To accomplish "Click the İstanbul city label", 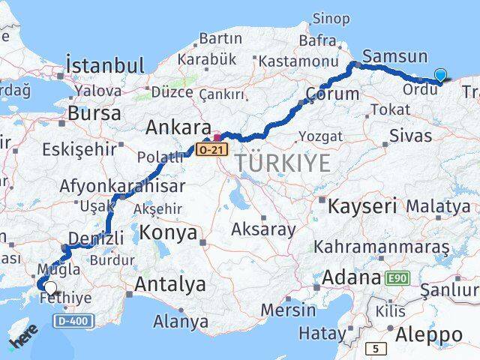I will click(x=104, y=65).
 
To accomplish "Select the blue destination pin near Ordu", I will click(x=439, y=75).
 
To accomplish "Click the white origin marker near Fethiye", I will click(x=50, y=287).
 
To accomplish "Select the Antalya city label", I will click(x=169, y=284).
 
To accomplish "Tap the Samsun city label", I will click(x=394, y=56).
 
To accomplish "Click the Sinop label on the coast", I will click(x=331, y=17).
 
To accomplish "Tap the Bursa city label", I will click(x=94, y=113).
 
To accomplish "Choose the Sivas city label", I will click(x=410, y=135).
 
